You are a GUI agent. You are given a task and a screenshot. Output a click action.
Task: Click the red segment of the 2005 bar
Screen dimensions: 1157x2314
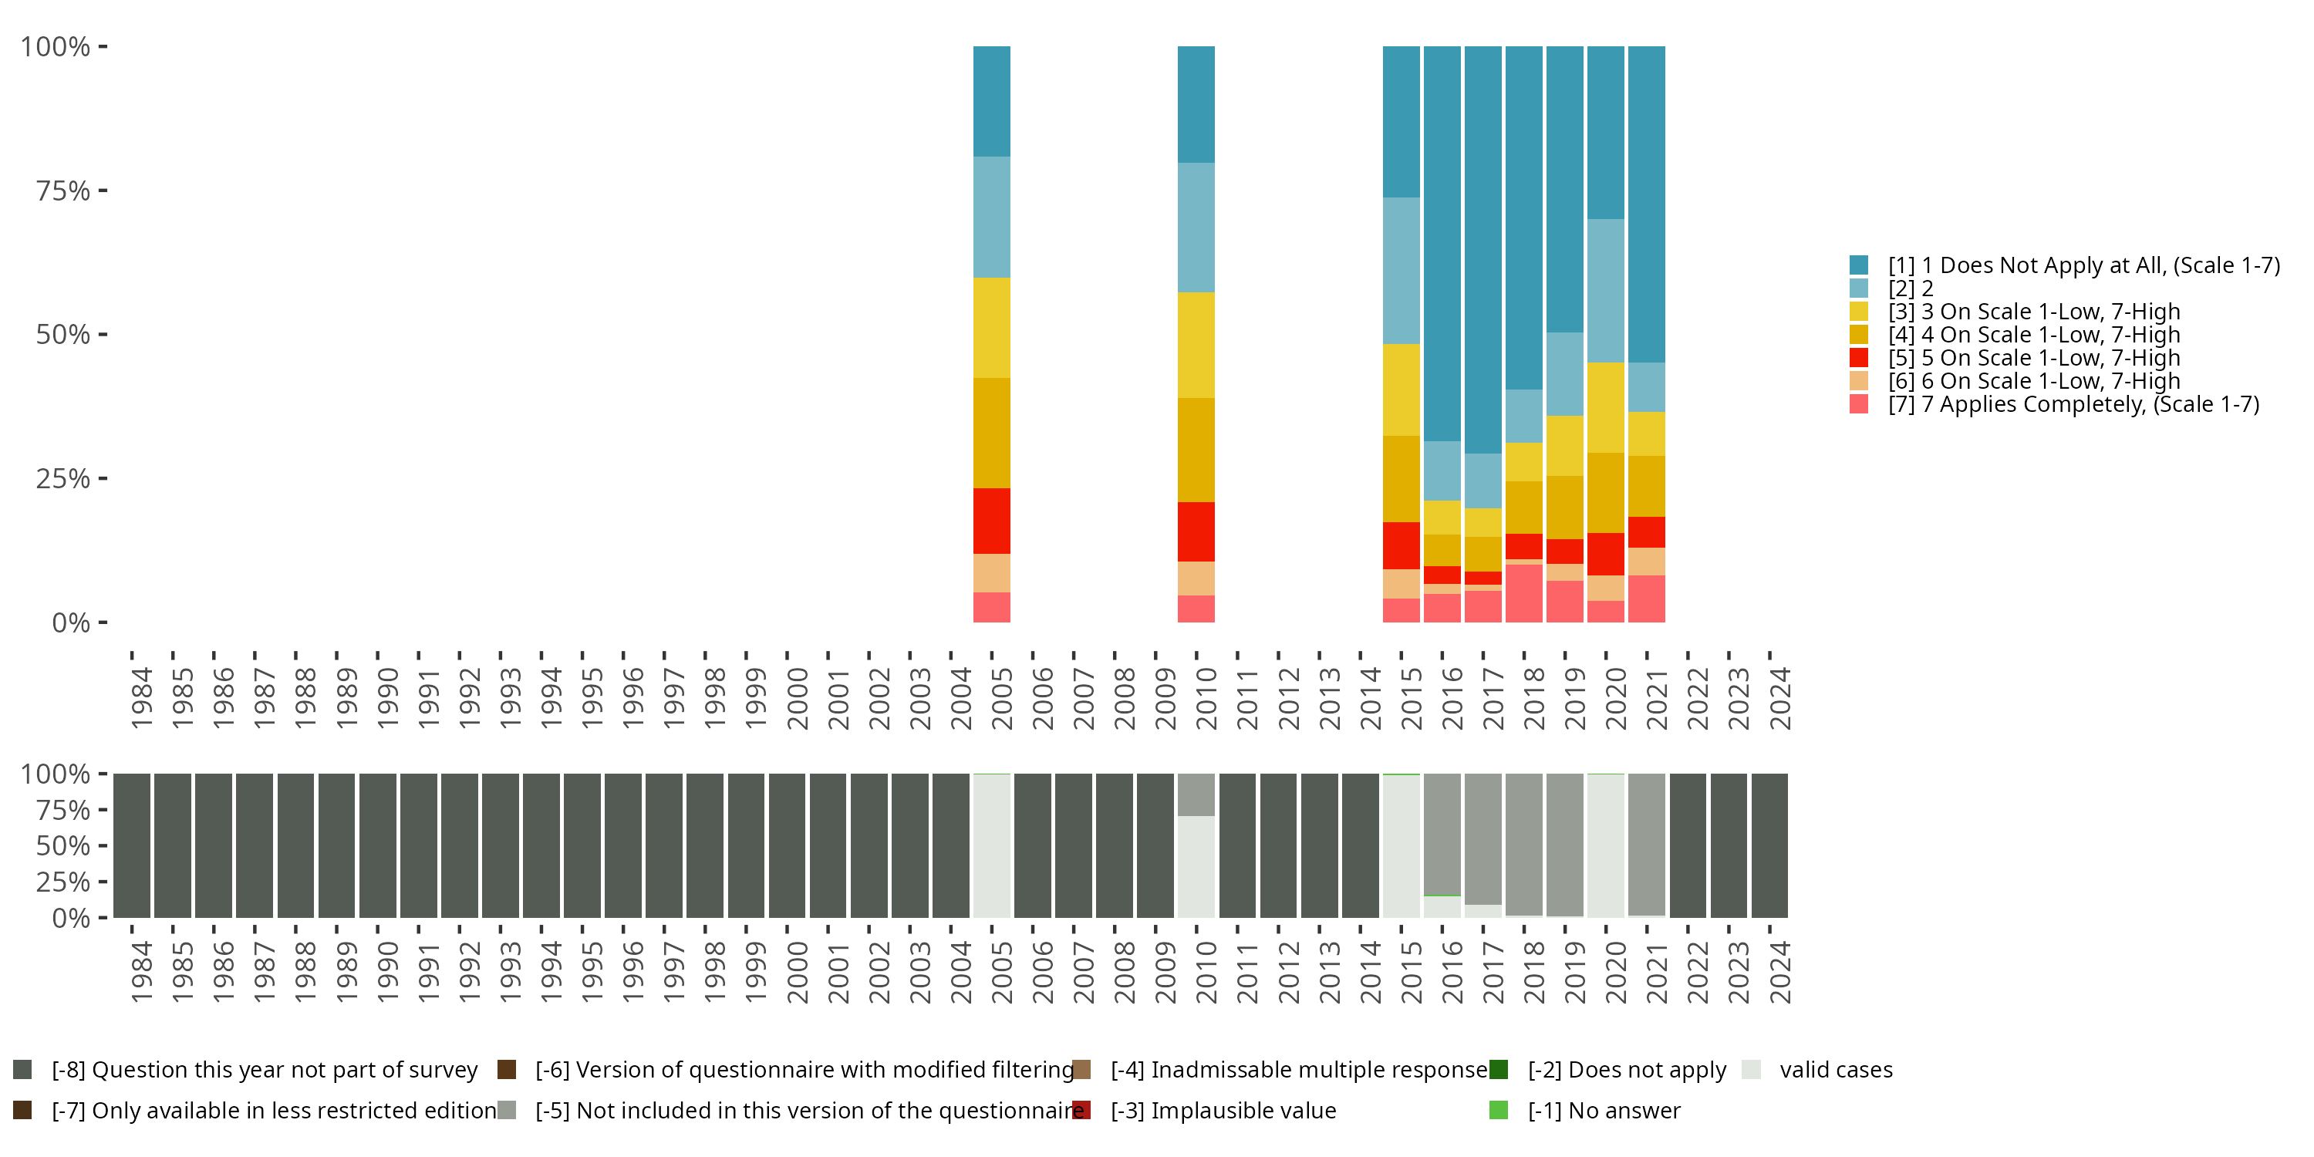tap(991, 521)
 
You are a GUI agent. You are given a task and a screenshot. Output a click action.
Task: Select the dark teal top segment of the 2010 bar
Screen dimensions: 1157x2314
tap(1196, 104)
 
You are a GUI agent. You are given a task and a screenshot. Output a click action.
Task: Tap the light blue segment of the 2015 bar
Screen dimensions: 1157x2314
tap(1401, 271)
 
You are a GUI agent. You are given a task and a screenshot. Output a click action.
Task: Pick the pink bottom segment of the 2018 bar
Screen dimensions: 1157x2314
tap(1523, 593)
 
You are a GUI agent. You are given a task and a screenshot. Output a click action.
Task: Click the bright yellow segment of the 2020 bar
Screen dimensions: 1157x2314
tap(1605, 407)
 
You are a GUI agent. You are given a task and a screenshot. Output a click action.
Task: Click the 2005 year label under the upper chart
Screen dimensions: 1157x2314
tap(1000, 699)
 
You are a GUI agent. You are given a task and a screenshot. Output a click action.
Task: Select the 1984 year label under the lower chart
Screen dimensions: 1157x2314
tap(141, 973)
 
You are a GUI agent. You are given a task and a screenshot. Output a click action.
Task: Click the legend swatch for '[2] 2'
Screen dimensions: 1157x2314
tap(1859, 288)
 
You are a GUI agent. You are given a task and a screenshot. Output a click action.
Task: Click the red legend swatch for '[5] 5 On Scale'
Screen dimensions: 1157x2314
tap(1859, 358)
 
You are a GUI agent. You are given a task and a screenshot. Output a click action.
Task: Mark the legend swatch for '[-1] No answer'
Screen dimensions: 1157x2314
tap(1499, 1110)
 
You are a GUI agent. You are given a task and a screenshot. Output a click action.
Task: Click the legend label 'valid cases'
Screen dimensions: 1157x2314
tap(1835, 1070)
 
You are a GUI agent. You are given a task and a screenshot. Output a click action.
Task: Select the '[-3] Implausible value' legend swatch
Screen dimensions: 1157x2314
tap(1081, 1110)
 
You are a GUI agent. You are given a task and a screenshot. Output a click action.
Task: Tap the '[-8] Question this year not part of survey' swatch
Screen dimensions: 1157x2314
tap(22, 1070)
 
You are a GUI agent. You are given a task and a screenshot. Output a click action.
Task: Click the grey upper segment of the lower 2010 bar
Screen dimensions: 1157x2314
tap(1196, 795)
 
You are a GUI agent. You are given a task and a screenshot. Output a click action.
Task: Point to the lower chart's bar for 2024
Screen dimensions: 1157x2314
tap(1769, 845)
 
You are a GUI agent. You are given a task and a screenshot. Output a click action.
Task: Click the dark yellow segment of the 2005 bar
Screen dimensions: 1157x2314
tap(991, 433)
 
